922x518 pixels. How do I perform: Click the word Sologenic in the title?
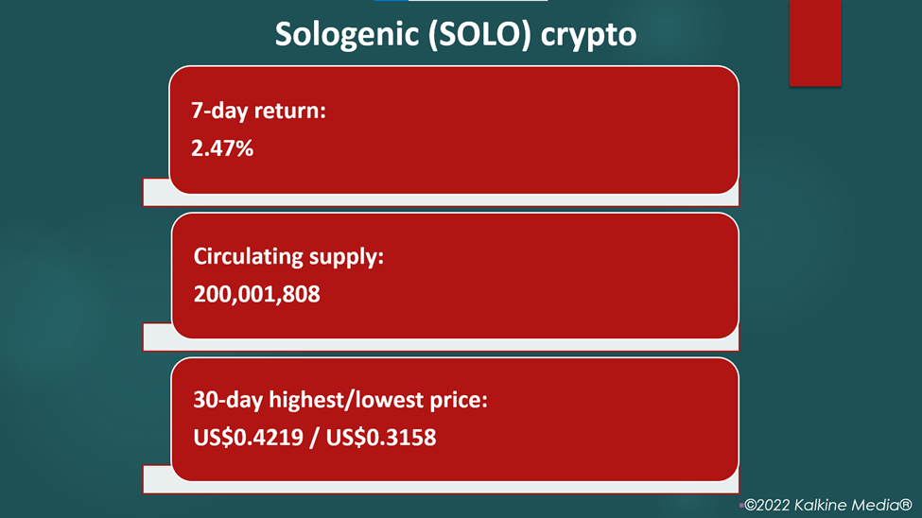pos(346,35)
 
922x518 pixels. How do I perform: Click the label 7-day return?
pos(259,111)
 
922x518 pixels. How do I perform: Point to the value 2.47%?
pos(222,148)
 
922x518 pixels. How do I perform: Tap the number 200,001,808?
pos(257,294)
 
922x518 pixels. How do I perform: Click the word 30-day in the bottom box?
pos(228,401)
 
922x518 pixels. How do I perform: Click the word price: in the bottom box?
pos(459,401)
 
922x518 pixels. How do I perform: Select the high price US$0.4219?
pos(248,438)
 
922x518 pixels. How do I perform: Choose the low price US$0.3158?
pos(381,438)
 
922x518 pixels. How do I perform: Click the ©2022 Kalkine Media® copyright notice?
pos(827,505)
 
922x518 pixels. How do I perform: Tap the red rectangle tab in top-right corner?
pos(815,43)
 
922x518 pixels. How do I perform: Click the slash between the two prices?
pos(315,438)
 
